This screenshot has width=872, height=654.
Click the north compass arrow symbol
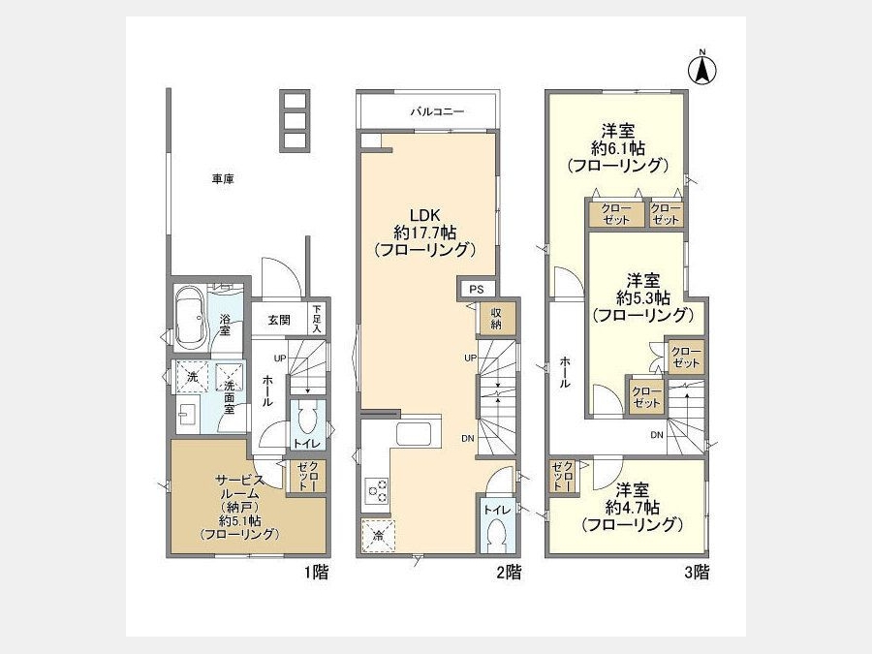coord(702,68)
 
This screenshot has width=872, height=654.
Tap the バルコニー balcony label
coord(437,111)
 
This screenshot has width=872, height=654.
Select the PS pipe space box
coord(476,289)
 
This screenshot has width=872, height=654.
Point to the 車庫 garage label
coord(223,179)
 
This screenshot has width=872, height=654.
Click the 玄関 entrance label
coord(279,320)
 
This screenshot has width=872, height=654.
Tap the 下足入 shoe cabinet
coord(317,319)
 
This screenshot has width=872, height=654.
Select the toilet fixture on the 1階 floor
coord(306,419)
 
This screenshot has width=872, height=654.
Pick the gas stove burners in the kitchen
coord(377,490)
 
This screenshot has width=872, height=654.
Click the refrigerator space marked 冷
coord(378,536)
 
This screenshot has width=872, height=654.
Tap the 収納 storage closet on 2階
coord(496,318)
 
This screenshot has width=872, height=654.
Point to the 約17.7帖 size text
coord(425,232)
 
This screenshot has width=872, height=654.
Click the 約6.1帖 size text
coord(618,148)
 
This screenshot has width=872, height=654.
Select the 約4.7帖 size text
coord(633,507)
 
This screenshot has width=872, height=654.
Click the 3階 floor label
coord(697,572)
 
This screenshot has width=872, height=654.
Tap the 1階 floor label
coord(317,572)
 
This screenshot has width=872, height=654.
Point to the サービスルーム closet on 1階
coord(306,477)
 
